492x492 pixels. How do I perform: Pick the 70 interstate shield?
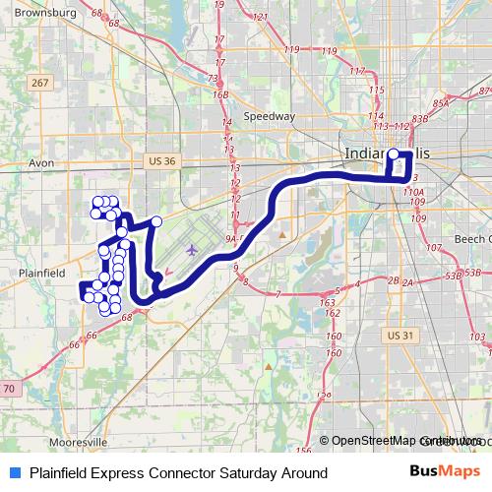[x=9, y=391]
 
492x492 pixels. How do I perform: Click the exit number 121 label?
[x=261, y=17]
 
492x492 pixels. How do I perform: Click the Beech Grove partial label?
[x=471, y=239]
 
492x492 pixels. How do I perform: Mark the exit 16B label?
[x=220, y=94]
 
